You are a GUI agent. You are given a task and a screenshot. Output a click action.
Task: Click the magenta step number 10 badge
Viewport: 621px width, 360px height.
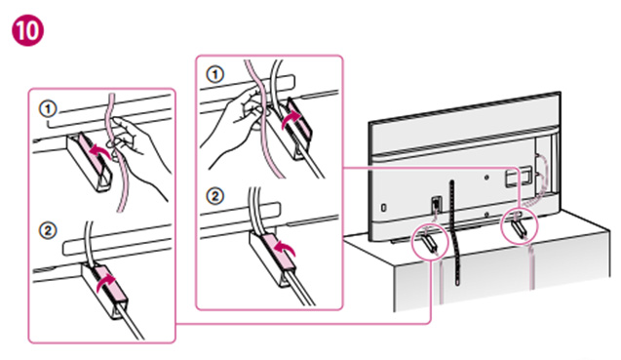click(x=28, y=30)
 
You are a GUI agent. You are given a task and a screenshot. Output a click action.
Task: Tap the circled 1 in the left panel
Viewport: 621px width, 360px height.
click(x=49, y=108)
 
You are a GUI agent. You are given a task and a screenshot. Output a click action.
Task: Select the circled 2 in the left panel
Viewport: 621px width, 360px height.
click(x=49, y=230)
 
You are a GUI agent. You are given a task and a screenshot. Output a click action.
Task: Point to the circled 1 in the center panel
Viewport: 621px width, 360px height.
click(x=215, y=74)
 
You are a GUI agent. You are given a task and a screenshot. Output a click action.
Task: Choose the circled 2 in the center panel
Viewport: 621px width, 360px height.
click(x=215, y=196)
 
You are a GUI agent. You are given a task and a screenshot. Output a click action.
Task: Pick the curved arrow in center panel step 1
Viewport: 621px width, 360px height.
click(x=291, y=119)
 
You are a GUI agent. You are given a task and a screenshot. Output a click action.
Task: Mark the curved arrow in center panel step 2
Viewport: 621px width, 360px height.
click(x=285, y=250)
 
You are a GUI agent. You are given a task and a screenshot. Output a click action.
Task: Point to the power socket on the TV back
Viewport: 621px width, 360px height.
click(x=436, y=204)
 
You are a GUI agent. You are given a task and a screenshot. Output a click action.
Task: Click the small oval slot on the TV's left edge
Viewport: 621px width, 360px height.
click(x=383, y=208)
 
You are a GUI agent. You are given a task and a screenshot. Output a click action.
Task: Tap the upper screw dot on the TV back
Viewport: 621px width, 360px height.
click(x=486, y=178)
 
